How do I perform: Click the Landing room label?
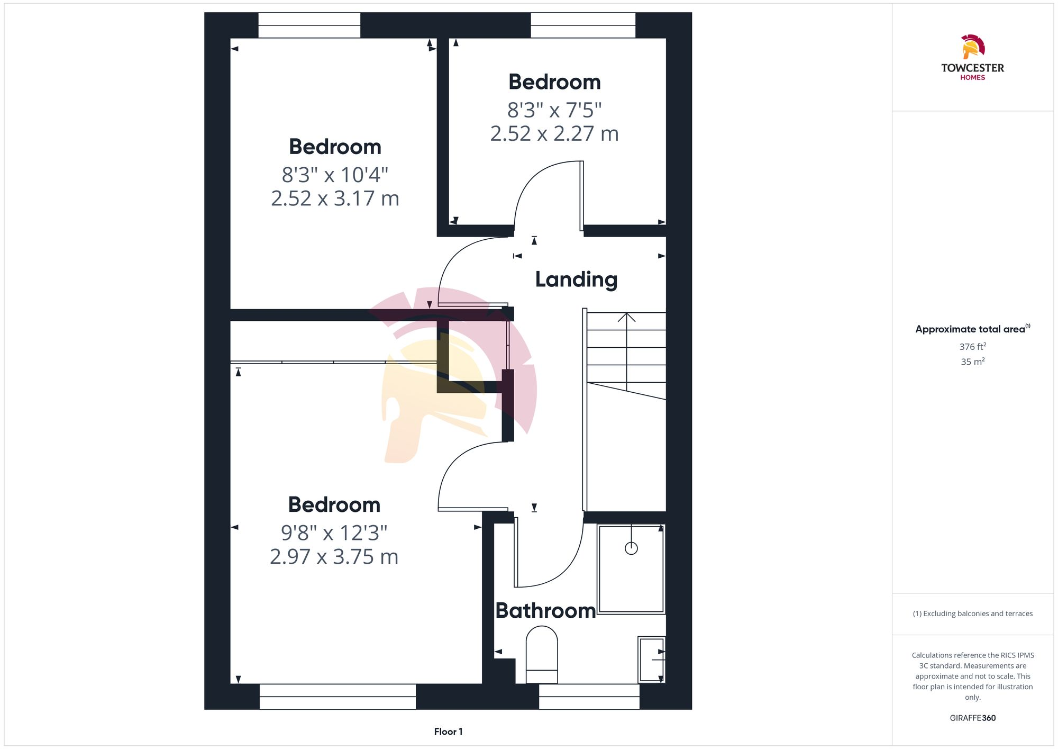pyautogui.click(x=576, y=279)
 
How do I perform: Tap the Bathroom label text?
pyautogui.click(x=545, y=611)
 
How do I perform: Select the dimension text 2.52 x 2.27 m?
pyautogui.click(x=554, y=134)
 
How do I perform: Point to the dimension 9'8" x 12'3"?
pyautogui.click(x=334, y=533)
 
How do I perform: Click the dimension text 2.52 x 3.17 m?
pyautogui.click(x=335, y=198)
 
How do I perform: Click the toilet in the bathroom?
pyautogui.click(x=542, y=654)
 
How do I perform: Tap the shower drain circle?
pyautogui.click(x=631, y=548)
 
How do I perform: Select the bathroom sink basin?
pyautogui.click(x=651, y=660)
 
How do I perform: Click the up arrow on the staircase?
pyautogui.click(x=626, y=318)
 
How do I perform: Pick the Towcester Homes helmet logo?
pyautogui.click(x=972, y=47)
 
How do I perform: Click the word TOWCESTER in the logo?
pyautogui.click(x=972, y=68)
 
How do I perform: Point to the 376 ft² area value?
pyautogui.click(x=972, y=347)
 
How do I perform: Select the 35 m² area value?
pyautogui.click(x=972, y=362)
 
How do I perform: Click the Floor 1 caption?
pyautogui.click(x=448, y=732)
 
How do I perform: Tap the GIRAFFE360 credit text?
pyautogui.click(x=972, y=718)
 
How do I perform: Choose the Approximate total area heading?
pyautogui.click(x=972, y=329)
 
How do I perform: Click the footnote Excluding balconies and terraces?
pyautogui.click(x=972, y=613)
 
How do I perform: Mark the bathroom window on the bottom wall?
pyautogui.click(x=589, y=697)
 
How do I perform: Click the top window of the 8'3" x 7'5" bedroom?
pyautogui.click(x=583, y=25)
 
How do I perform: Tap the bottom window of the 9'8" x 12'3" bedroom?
pyautogui.click(x=338, y=697)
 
